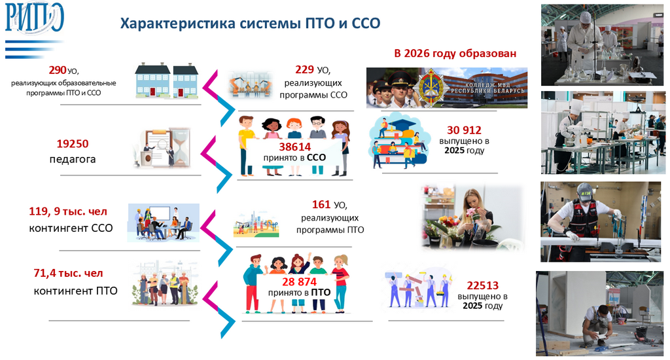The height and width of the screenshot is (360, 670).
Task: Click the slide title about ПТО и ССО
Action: [251, 24]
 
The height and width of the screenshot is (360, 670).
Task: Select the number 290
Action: [58, 69]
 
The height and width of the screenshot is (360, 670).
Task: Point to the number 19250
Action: [73, 143]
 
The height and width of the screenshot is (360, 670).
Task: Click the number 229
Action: [304, 69]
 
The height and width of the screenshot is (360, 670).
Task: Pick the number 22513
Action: [482, 285]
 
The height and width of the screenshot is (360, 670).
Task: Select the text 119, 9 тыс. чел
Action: [68, 211]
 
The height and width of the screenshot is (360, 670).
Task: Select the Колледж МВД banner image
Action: [446, 87]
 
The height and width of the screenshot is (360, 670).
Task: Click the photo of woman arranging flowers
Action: [473, 217]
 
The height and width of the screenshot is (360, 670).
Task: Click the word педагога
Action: [73, 158]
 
